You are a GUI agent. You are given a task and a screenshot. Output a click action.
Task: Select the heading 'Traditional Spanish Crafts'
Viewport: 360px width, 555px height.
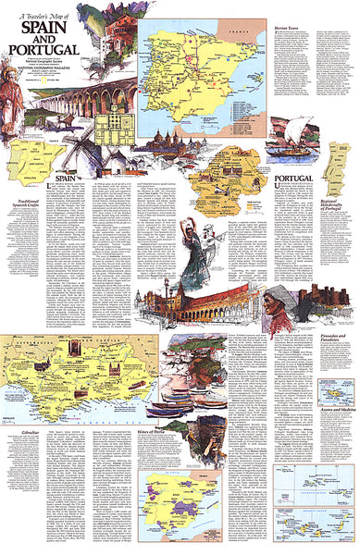coord(27,203)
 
